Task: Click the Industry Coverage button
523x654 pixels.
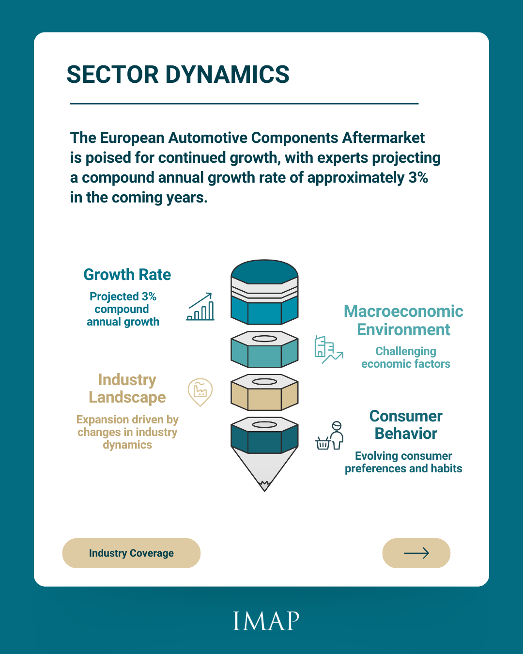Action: click(131, 553)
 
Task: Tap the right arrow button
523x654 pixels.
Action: click(416, 553)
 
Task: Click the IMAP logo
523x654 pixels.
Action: click(266, 621)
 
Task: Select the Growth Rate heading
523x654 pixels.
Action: click(127, 274)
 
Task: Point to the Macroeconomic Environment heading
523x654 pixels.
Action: click(403, 320)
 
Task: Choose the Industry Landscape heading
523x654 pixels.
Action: click(127, 389)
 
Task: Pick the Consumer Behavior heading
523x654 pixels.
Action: click(406, 424)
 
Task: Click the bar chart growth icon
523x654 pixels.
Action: click(200, 307)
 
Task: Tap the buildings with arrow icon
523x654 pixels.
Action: click(329, 349)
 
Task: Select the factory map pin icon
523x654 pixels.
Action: click(200, 392)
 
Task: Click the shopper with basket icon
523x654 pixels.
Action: click(329, 435)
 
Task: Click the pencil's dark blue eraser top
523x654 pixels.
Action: click(264, 272)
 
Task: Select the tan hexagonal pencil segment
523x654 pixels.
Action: click(264, 392)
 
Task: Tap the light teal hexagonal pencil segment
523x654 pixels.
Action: click(264, 349)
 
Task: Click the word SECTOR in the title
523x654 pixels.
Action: click(112, 75)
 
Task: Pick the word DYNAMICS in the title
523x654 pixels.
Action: click(228, 75)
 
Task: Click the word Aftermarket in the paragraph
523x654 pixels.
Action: click(383, 138)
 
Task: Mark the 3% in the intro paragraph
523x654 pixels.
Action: click(418, 177)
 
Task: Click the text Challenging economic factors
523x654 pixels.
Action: click(406, 358)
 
